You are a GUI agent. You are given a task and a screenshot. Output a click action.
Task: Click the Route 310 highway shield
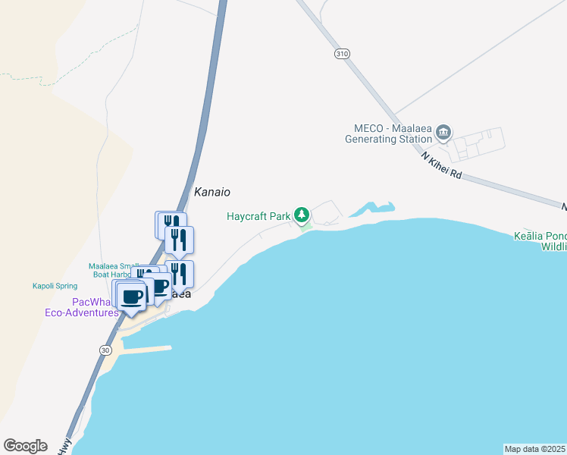342,54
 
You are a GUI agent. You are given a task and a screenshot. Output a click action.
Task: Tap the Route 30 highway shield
105,349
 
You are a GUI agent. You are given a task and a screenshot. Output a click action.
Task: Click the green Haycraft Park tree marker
302,216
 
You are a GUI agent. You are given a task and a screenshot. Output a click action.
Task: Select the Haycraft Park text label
258,216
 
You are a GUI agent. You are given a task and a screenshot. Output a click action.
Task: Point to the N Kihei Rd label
441,164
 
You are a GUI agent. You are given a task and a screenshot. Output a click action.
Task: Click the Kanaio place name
211,193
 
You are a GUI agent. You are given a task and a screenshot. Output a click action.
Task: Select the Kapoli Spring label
55,286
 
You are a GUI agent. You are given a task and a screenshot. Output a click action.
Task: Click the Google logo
25,445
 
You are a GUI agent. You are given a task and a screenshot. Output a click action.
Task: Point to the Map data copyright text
534,449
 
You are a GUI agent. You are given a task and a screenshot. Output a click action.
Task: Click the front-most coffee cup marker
132,296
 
